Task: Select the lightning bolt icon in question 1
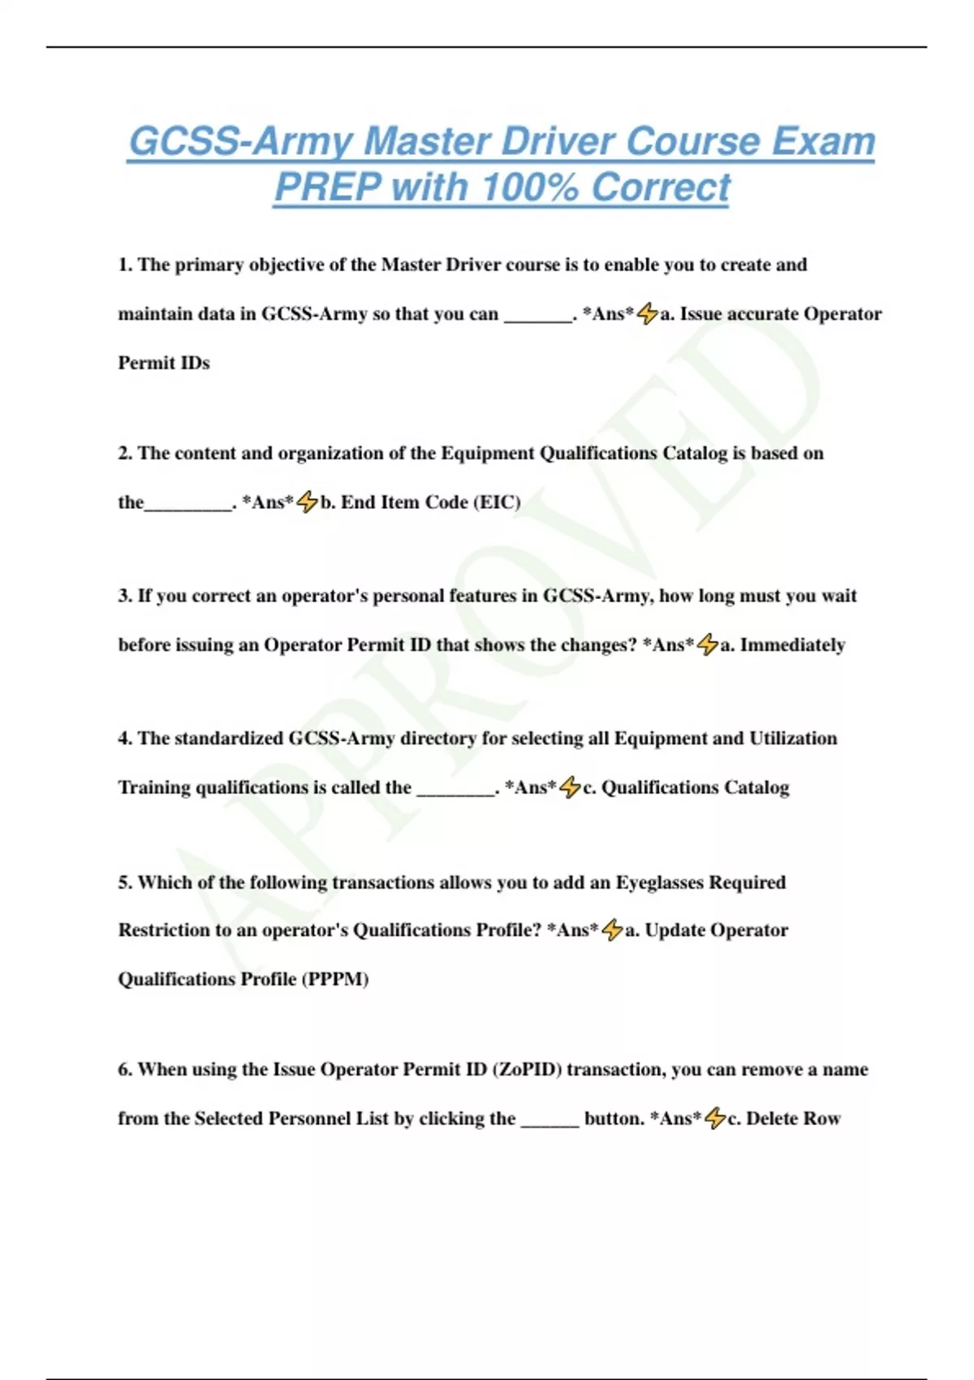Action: pyautogui.click(x=647, y=314)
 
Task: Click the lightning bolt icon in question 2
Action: pyautogui.click(x=307, y=502)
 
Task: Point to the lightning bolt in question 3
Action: pyautogui.click(x=708, y=645)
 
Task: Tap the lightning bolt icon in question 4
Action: pyautogui.click(x=571, y=787)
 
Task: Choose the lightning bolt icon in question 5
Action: pyautogui.click(x=612, y=930)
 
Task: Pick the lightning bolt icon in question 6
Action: pyautogui.click(x=714, y=1119)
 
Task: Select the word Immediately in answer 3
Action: pyautogui.click(x=792, y=645)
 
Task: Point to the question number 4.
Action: pyautogui.click(x=125, y=739)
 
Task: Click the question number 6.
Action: pyautogui.click(x=125, y=1069)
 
